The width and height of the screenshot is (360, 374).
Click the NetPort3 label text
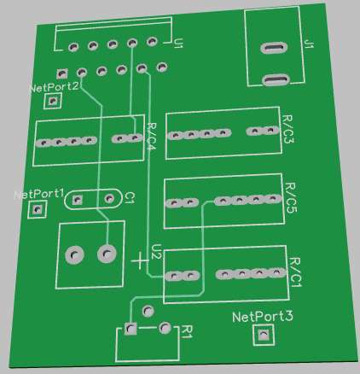pyautogui.click(x=263, y=317)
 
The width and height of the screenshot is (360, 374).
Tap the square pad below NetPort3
pyautogui.click(x=264, y=335)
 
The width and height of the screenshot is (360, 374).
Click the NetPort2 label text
pyautogui.click(x=54, y=87)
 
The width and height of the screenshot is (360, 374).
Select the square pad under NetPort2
pyautogui.click(x=53, y=101)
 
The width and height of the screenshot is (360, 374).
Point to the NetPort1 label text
pyautogui.click(x=38, y=195)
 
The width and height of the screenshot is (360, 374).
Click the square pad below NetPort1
pyautogui.click(x=37, y=209)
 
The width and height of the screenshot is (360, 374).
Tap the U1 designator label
pyautogui.click(x=178, y=44)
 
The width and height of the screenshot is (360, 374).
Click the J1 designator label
pyautogui.click(x=309, y=44)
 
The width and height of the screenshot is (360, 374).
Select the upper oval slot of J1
pyautogui.click(x=272, y=48)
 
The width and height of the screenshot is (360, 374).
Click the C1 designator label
pyautogui.click(x=130, y=197)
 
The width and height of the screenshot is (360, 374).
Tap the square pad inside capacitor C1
pyautogui.click(x=77, y=200)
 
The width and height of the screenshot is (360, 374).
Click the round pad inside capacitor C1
pyautogui.click(x=109, y=198)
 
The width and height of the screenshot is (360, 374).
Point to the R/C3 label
pyautogui.click(x=287, y=129)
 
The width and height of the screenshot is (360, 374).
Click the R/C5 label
pyautogui.click(x=291, y=197)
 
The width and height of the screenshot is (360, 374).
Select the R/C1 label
pyautogui.click(x=295, y=272)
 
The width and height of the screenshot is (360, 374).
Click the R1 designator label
pyautogui.click(x=188, y=331)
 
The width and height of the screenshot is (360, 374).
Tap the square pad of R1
pyautogui.click(x=131, y=329)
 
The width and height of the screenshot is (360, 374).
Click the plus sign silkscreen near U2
pyautogui.click(x=140, y=260)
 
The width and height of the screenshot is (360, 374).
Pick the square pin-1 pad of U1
pyautogui.click(x=61, y=74)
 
